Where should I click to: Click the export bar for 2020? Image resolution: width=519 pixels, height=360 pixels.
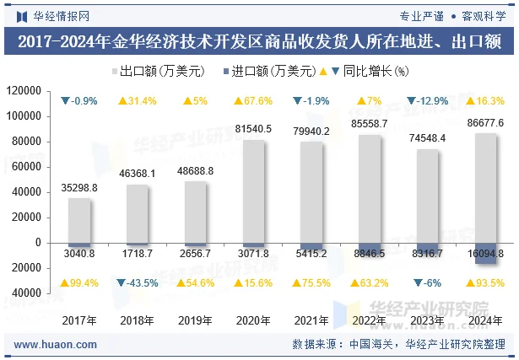(254, 191)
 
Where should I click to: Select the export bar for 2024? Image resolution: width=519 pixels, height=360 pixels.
(485, 187)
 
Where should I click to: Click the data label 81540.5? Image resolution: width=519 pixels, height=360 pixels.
(253, 129)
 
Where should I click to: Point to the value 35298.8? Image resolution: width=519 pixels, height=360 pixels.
(80, 188)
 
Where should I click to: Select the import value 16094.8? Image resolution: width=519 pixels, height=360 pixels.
(485, 253)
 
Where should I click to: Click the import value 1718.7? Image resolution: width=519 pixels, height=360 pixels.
(138, 253)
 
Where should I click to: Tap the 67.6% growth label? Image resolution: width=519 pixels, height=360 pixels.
(253, 101)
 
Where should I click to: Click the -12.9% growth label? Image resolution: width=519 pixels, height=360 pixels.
(428, 101)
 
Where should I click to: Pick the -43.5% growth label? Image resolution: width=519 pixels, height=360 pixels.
(138, 282)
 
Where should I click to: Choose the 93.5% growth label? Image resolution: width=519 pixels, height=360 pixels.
(485, 282)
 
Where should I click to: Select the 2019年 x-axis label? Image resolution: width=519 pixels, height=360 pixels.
(196, 320)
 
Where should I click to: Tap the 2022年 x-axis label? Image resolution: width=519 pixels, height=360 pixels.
(370, 320)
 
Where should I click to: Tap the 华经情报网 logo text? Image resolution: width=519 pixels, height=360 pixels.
(61, 15)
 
